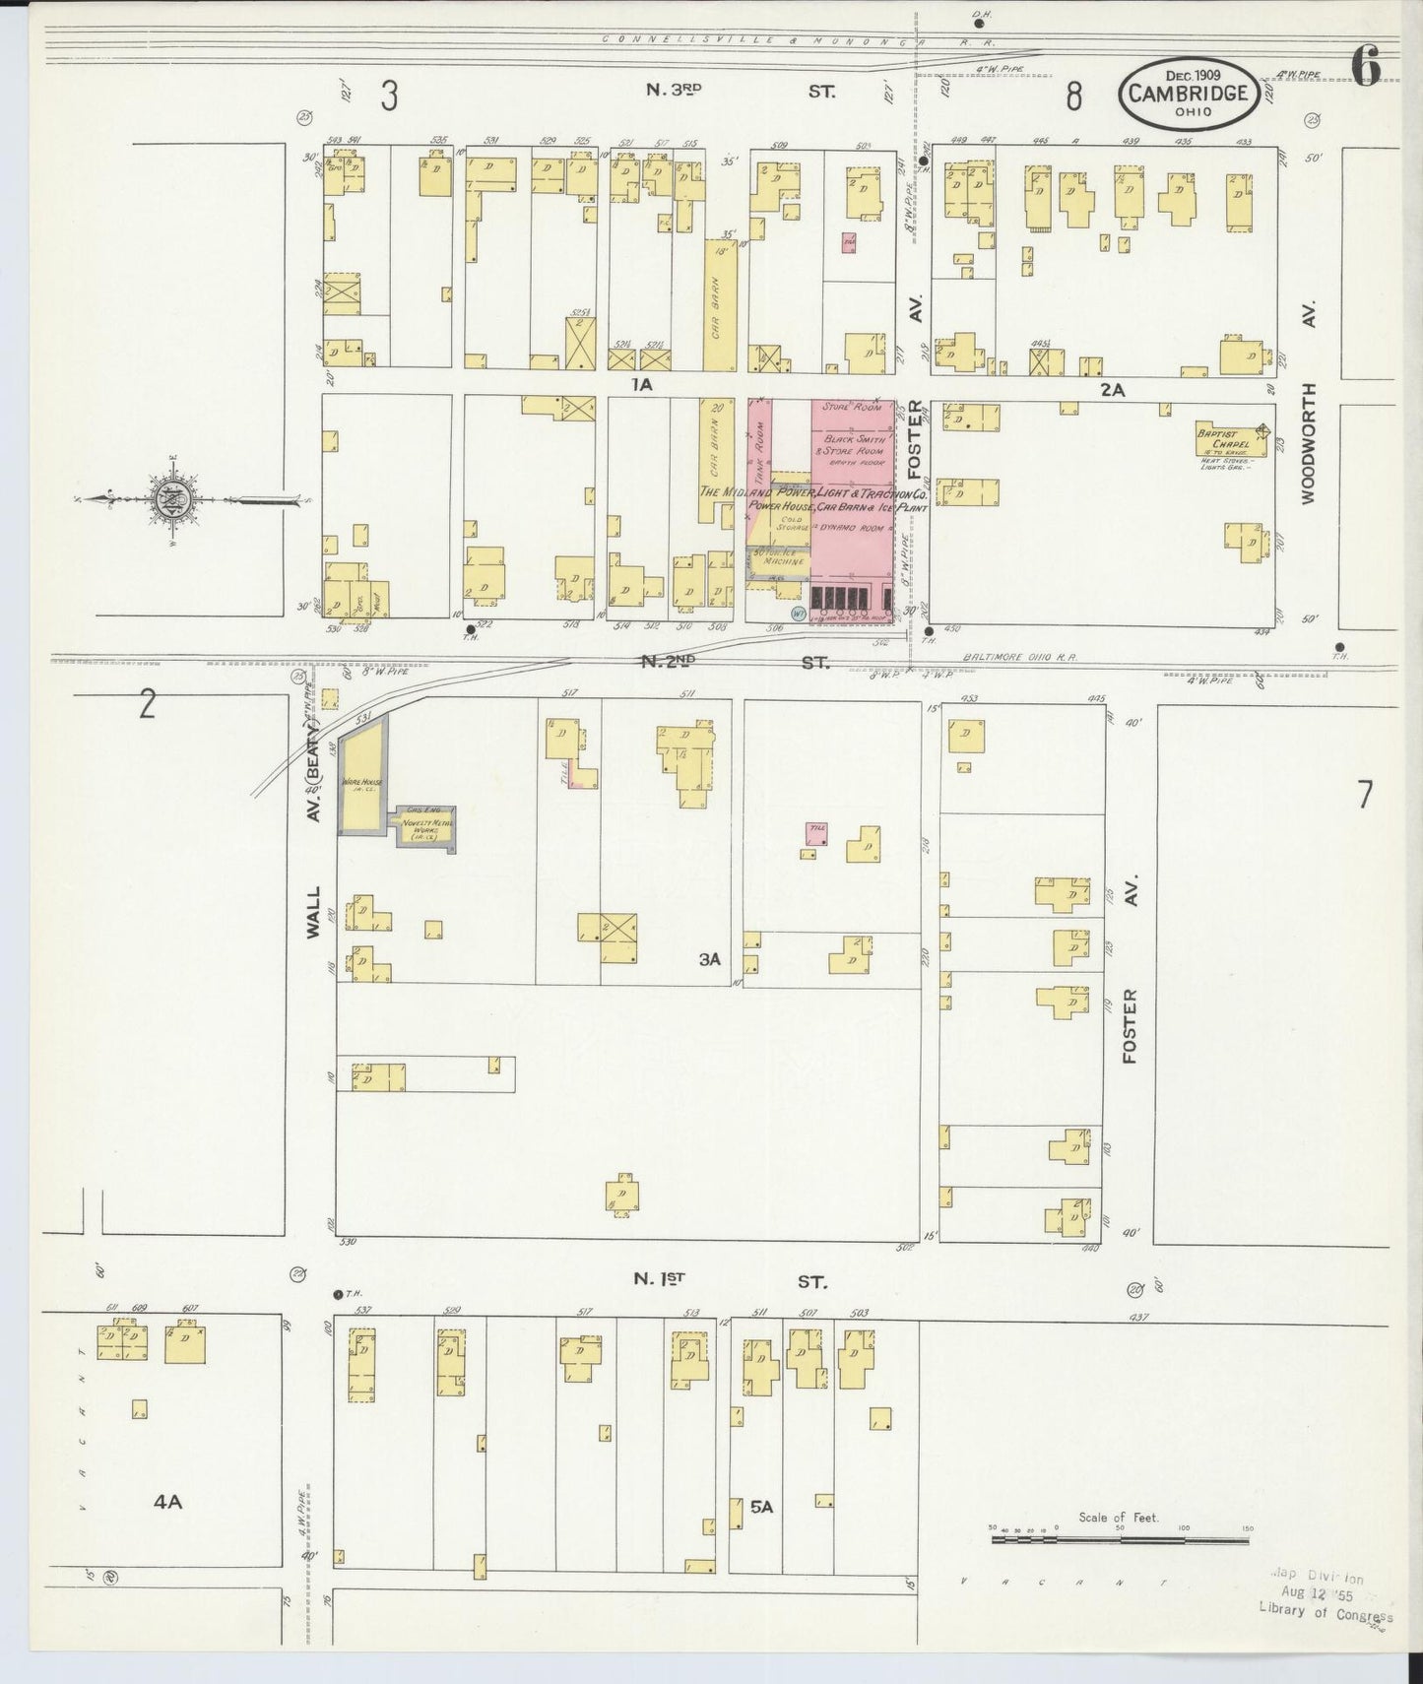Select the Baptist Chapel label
point(1222,438)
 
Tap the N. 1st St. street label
point(728,1280)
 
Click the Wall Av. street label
point(313,911)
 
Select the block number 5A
point(762,1534)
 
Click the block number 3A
point(710,958)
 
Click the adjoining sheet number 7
point(1364,794)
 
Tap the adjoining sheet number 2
point(147,704)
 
